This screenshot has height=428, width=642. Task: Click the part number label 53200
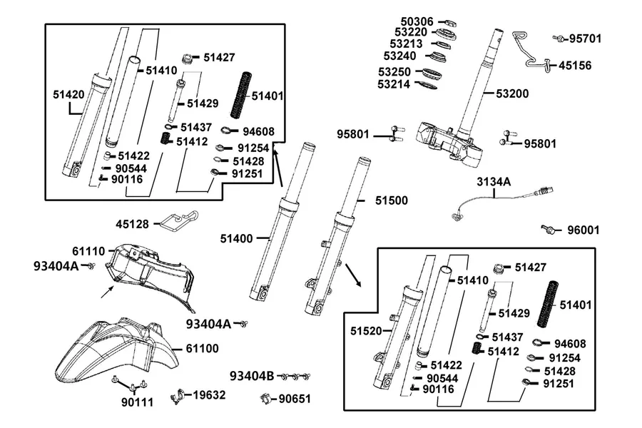pyautogui.click(x=512, y=93)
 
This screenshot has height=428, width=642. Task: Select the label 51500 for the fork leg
pyautogui.click(x=392, y=200)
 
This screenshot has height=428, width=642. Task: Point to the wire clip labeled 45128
pyautogui.click(x=178, y=221)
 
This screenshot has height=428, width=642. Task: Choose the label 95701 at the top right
pyautogui.click(x=586, y=39)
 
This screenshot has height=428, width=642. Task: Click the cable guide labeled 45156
pyautogui.click(x=530, y=51)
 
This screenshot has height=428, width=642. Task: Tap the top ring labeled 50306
pyautogui.click(x=450, y=23)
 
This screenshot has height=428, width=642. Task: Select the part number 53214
pyautogui.click(x=394, y=84)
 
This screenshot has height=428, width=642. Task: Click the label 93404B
pyautogui.click(x=252, y=376)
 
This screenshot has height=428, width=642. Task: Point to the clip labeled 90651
pyautogui.click(x=266, y=398)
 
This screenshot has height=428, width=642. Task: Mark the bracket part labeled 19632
pyautogui.click(x=177, y=397)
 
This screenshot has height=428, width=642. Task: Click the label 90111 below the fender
pyautogui.click(x=137, y=402)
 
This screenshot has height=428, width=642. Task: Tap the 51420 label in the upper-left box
pyautogui.click(x=68, y=95)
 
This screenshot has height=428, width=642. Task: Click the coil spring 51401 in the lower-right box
pyautogui.click(x=548, y=304)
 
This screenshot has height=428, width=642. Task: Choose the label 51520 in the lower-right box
pyautogui.click(x=366, y=331)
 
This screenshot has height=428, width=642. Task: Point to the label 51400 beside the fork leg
pyautogui.click(x=236, y=238)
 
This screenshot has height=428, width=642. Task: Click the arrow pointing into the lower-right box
pyautogui.click(x=353, y=275)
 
